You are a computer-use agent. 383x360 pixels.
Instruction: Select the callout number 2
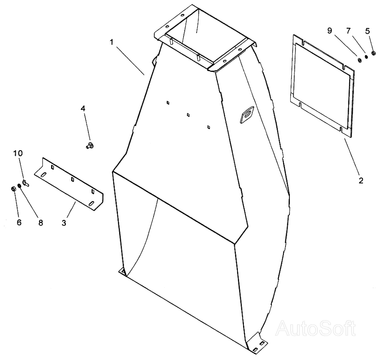(361, 180)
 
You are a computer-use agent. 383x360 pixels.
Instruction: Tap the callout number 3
(64, 222)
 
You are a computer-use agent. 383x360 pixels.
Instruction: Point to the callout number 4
(83, 109)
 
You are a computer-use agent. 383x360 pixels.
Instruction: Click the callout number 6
(19, 222)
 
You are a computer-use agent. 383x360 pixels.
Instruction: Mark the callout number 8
(41, 222)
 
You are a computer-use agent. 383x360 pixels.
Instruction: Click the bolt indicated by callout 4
(89, 146)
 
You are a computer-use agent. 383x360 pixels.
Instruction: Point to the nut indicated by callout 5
(373, 53)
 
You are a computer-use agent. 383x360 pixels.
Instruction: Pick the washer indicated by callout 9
(359, 59)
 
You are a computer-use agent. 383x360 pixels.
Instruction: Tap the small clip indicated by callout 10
(26, 183)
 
